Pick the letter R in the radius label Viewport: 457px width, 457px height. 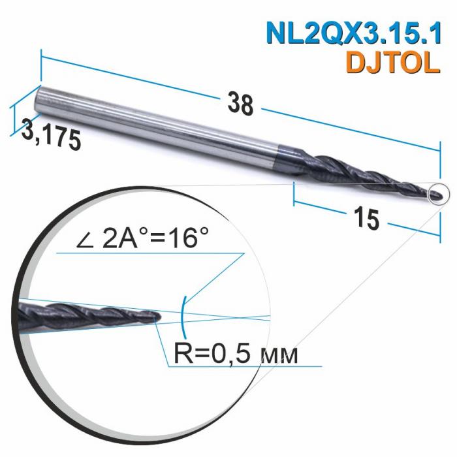[x=184, y=355]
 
